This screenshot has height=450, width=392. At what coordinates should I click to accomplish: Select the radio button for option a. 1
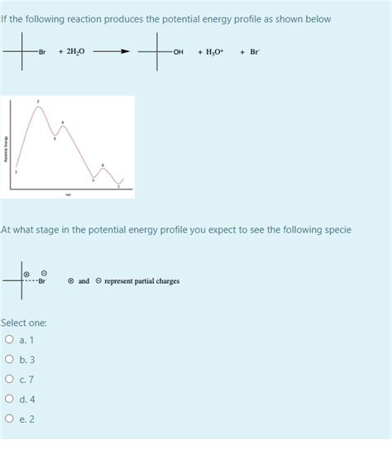9,340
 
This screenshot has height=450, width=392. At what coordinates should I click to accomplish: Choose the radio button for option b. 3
9,360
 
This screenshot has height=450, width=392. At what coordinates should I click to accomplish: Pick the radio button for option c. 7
9,380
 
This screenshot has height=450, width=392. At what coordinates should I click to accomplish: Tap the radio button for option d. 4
9,400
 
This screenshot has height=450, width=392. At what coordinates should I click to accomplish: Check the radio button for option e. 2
9,419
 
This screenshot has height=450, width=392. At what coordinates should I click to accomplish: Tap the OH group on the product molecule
179,52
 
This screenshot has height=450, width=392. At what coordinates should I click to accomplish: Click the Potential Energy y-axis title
8,148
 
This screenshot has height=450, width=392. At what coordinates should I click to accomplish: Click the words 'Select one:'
24,322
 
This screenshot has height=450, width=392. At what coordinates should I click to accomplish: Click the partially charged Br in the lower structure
41,281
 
